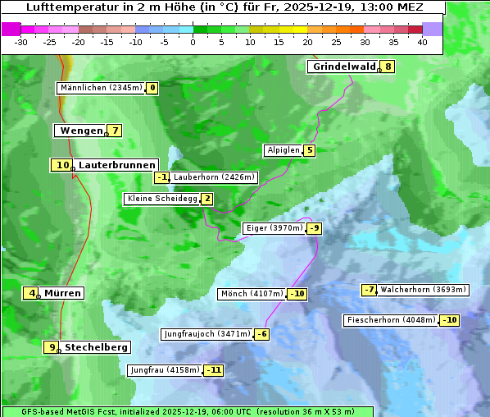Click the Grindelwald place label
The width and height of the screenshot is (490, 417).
[344, 66]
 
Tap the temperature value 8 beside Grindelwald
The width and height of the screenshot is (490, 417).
[388, 66]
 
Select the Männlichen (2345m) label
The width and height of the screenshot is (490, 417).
[101, 88]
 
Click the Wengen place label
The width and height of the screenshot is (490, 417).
[80, 131]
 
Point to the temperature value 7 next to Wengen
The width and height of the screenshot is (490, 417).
[116, 131]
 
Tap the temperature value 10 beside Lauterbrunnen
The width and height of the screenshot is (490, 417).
[63, 165]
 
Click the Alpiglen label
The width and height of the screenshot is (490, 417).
[284, 150]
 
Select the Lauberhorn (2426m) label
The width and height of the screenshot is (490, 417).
[215, 176]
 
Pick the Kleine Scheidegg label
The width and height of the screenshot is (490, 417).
[163, 199]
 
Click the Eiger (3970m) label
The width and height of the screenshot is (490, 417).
[274, 228]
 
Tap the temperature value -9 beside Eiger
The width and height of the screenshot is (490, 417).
[315, 228]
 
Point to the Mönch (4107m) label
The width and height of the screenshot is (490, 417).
[252, 294]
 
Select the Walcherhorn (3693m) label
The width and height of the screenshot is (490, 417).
[424, 290]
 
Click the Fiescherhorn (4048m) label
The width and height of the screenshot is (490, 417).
[392, 320]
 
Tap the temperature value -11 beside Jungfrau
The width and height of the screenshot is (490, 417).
[214, 370]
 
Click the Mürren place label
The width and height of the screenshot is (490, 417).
[62, 293]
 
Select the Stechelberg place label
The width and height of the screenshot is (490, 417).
[96, 347]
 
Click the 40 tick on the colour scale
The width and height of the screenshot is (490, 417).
[422, 41]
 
